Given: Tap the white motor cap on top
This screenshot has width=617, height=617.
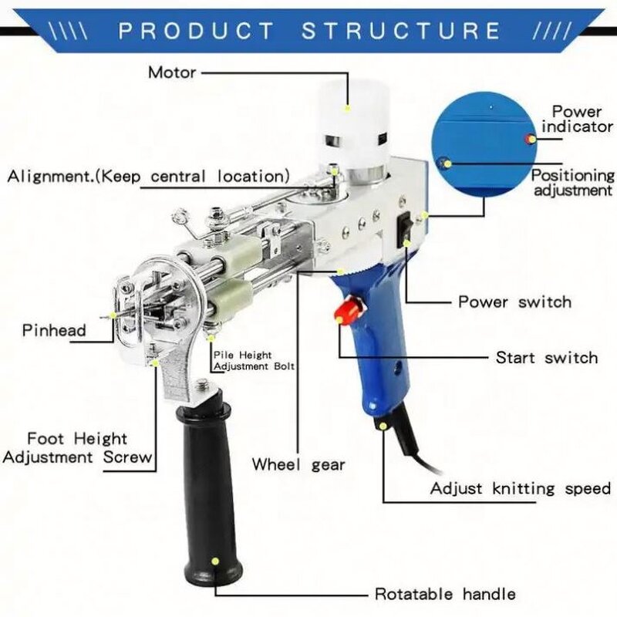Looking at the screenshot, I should click(352, 116).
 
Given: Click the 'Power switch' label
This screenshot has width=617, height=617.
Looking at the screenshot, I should click(515, 302).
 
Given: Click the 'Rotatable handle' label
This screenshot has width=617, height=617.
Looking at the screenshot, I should click(445, 594).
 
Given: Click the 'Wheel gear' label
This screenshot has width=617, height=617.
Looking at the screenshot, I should click(298, 465).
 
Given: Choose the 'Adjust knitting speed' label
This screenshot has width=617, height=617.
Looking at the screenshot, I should click(520, 488).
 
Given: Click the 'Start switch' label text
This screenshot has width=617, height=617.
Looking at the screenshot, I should click(546, 357).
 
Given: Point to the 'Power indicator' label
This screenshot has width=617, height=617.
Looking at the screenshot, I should click(576, 120).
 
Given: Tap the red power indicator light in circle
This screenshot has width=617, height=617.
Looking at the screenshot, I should click(530, 139).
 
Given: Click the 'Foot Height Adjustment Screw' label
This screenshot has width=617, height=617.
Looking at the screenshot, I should click(77, 448).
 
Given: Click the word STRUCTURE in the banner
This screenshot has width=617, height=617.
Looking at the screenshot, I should click(402, 31).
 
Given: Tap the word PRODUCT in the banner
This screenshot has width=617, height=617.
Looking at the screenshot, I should click(197, 31).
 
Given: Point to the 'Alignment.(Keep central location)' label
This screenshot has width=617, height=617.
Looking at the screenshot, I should click(149, 176).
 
